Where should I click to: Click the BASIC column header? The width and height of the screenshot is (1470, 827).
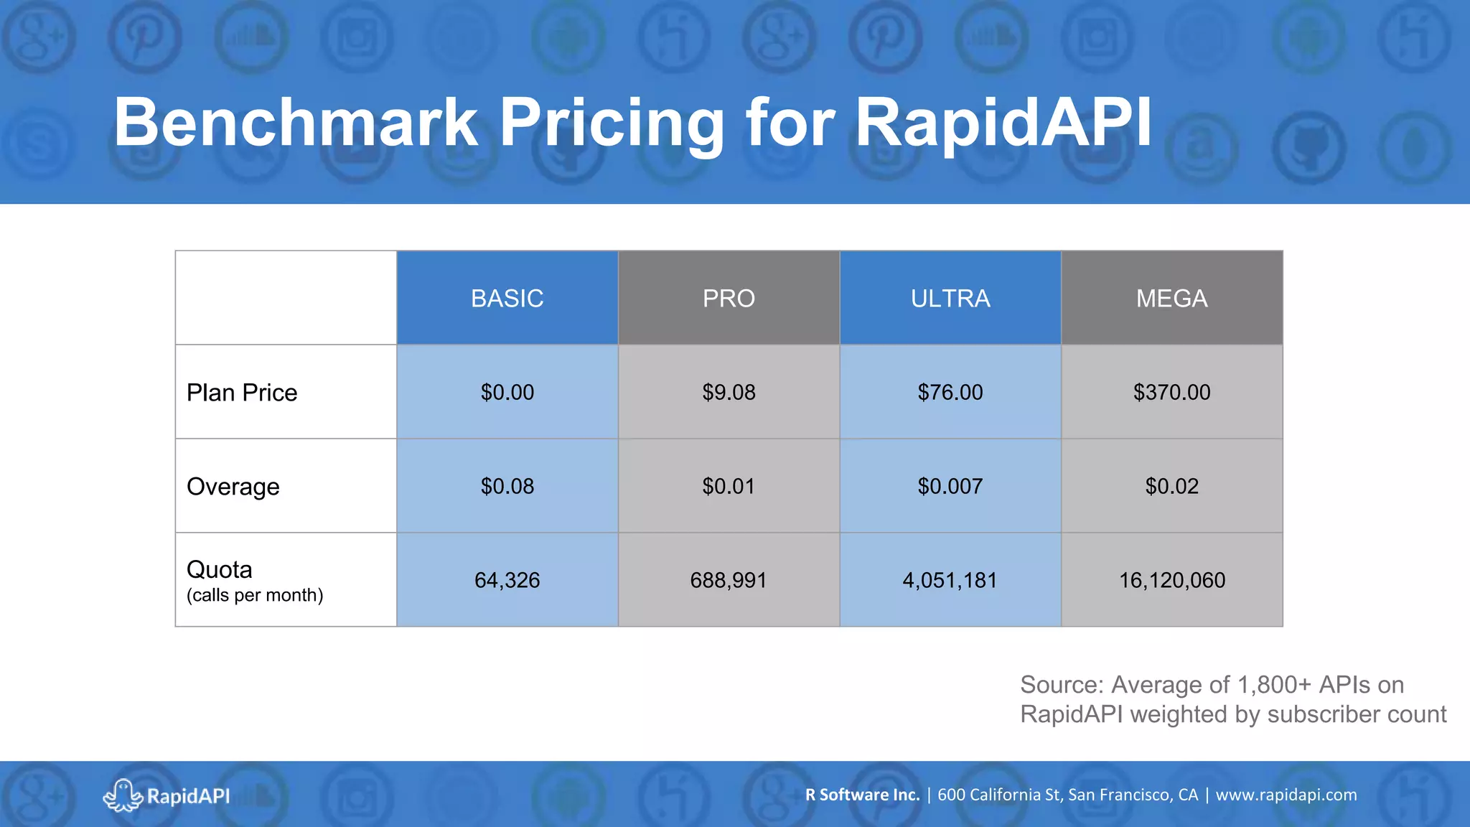tap(507, 298)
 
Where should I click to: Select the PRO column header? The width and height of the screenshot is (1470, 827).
tap(729, 298)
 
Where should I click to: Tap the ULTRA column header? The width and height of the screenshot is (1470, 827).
tap(950, 298)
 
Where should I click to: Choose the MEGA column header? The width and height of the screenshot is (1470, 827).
tap(1171, 298)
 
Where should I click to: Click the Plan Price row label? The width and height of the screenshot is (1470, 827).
tap(242, 393)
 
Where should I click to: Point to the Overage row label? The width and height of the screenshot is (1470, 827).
tap(233, 487)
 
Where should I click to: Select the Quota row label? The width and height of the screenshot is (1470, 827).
tap(220, 570)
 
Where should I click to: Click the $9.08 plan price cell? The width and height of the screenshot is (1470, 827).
tap(729, 393)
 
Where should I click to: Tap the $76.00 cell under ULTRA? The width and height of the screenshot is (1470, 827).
tap(950, 393)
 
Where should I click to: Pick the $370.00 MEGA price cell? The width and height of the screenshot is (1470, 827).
tap(1171, 393)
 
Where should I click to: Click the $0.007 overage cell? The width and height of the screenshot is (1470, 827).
tap(950, 487)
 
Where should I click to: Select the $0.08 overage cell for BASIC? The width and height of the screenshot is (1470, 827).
tap(507, 487)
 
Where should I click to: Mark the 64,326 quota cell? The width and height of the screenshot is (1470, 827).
tap(507, 580)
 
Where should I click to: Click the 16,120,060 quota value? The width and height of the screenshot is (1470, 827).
tap(1171, 580)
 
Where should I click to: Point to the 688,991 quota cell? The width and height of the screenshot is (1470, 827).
tap(729, 580)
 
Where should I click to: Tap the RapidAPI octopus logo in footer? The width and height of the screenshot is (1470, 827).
tap(123, 795)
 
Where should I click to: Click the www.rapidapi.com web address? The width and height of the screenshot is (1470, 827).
tap(1286, 795)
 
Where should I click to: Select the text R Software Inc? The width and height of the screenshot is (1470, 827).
tap(862, 795)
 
